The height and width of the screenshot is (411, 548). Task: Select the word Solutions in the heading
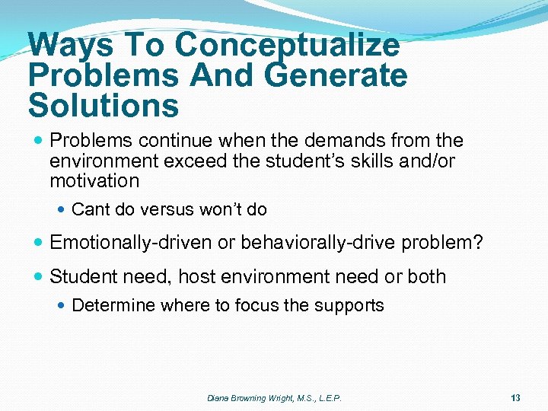[x=104, y=106]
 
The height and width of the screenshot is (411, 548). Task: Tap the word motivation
[x=94, y=181]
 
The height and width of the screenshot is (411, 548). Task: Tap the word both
[x=427, y=276]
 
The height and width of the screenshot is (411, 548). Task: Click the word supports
[x=353, y=306]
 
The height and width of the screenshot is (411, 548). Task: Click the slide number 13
[x=515, y=397]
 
